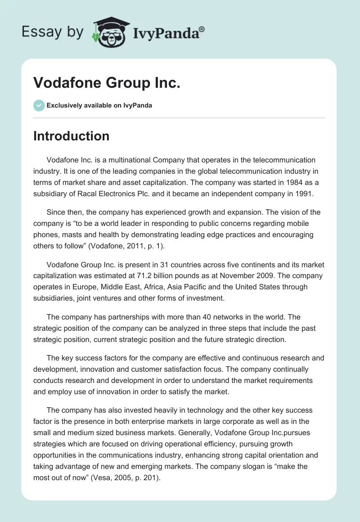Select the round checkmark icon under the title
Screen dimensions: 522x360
click(x=39, y=105)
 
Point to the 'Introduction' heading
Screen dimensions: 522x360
click(x=71, y=136)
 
